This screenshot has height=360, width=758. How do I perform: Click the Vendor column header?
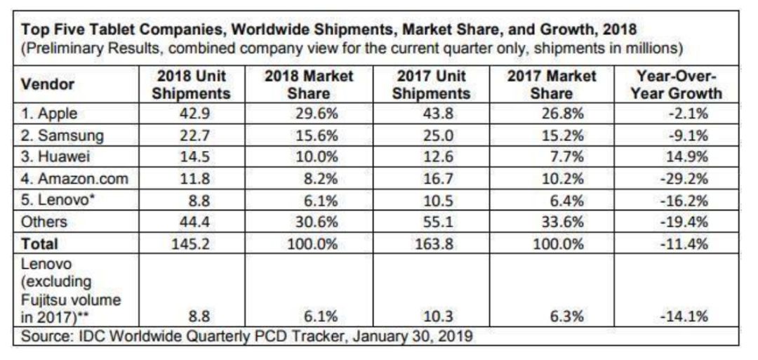coord(48,84)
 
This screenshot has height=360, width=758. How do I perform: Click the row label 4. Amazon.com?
coord(74,178)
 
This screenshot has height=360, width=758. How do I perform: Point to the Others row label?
coord(44,222)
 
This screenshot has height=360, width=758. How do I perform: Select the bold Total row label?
coord(39,245)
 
